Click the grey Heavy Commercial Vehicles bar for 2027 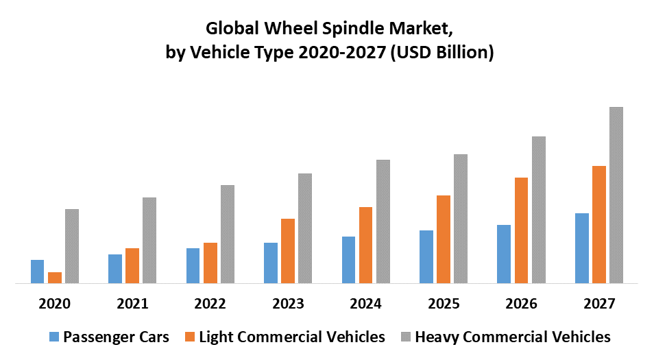(616, 195)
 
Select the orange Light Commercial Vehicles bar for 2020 (55, 277)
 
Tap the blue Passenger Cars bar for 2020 (37, 271)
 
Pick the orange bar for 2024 (366, 245)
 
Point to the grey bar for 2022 (227, 234)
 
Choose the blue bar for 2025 (426, 256)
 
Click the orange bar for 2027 (599, 224)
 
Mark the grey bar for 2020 (72, 245)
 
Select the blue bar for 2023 (271, 263)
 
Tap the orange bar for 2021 (132, 265)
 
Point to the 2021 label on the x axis (132, 302)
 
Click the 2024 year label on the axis (365, 302)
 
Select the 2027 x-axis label (599, 302)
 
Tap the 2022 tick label (210, 302)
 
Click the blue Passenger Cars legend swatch (54, 337)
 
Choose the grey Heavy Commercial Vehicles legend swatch (407, 337)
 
